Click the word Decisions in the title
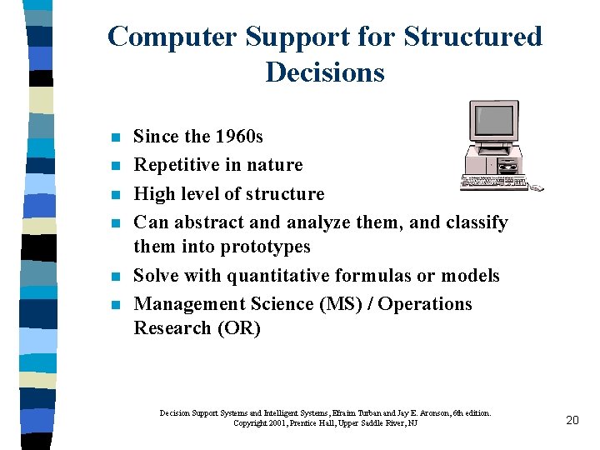pyautogui.click(x=325, y=72)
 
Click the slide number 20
pyautogui.click(x=572, y=420)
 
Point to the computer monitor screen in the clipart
pyautogui.click(x=492, y=121)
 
